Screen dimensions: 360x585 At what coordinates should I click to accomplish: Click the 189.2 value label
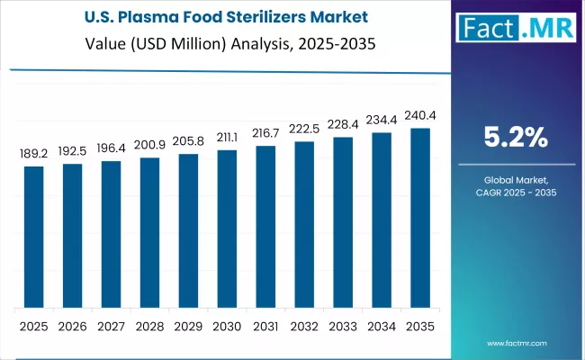click(33, 155)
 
